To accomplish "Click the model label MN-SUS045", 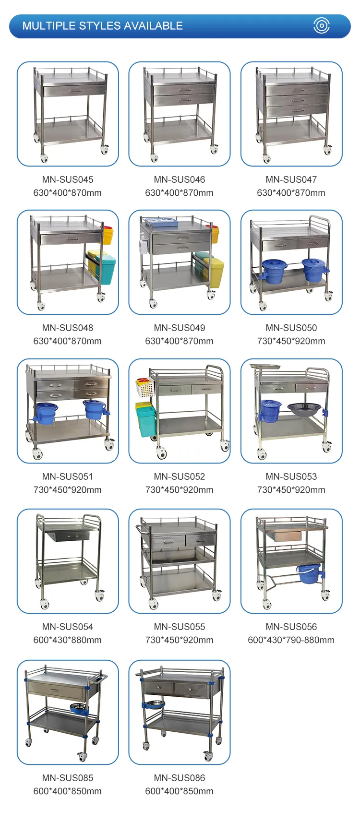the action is pos(68,179).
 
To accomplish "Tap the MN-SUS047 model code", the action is pos(291,179).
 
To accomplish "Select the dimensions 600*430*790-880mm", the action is pos(291,640).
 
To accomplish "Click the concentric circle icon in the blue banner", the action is pos(322,25).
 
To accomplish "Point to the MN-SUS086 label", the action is pos(179,778).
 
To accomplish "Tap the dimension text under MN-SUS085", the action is pos(68,791).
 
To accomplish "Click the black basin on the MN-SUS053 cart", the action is pos(304,409).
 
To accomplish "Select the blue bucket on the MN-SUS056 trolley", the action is pos(310,573).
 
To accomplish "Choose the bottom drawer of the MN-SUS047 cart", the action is pos(297,110).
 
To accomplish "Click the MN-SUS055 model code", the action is pos(179,627).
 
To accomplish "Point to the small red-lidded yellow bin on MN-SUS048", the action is pos(107,236).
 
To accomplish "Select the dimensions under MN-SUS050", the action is pos(291,341).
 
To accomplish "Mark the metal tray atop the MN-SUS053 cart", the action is pos(265,367).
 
